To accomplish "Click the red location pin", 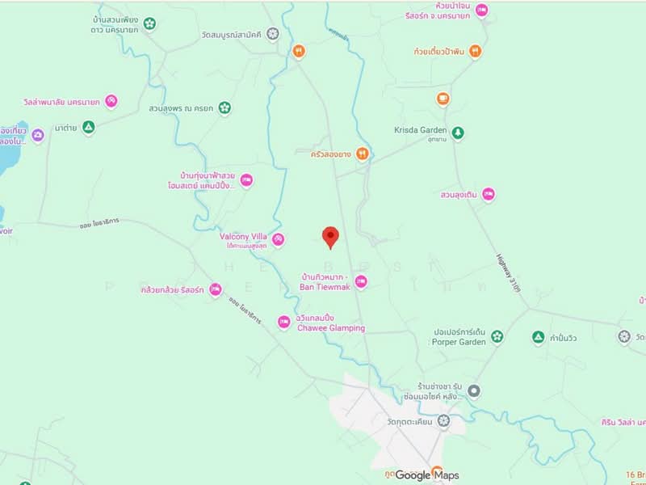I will [x=330, y=237].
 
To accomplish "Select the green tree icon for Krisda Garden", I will [x=458, y=132].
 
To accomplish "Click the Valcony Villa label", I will [x=244, y=237].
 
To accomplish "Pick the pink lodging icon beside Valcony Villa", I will [x=278, y=238].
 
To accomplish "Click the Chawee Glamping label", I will [x=330, y=328].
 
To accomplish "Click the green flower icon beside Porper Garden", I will [x=497, y=336].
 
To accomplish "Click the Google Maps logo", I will [x=426, y=475].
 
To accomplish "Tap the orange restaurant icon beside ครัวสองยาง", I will [x=363, y=154].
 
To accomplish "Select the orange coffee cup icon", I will [x=442, y=99].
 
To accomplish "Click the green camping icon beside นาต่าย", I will [x=89, y=127].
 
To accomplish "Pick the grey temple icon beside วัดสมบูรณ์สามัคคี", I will [x=273, y=34].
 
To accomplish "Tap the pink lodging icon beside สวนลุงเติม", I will [x=488, y=194].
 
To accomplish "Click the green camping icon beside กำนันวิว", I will [x=538, y=336].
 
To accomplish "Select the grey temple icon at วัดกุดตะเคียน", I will [x=443, y=421].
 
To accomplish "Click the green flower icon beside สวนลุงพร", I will [x=224, y=107].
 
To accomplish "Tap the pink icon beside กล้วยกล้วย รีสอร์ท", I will [x=215, y=289].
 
